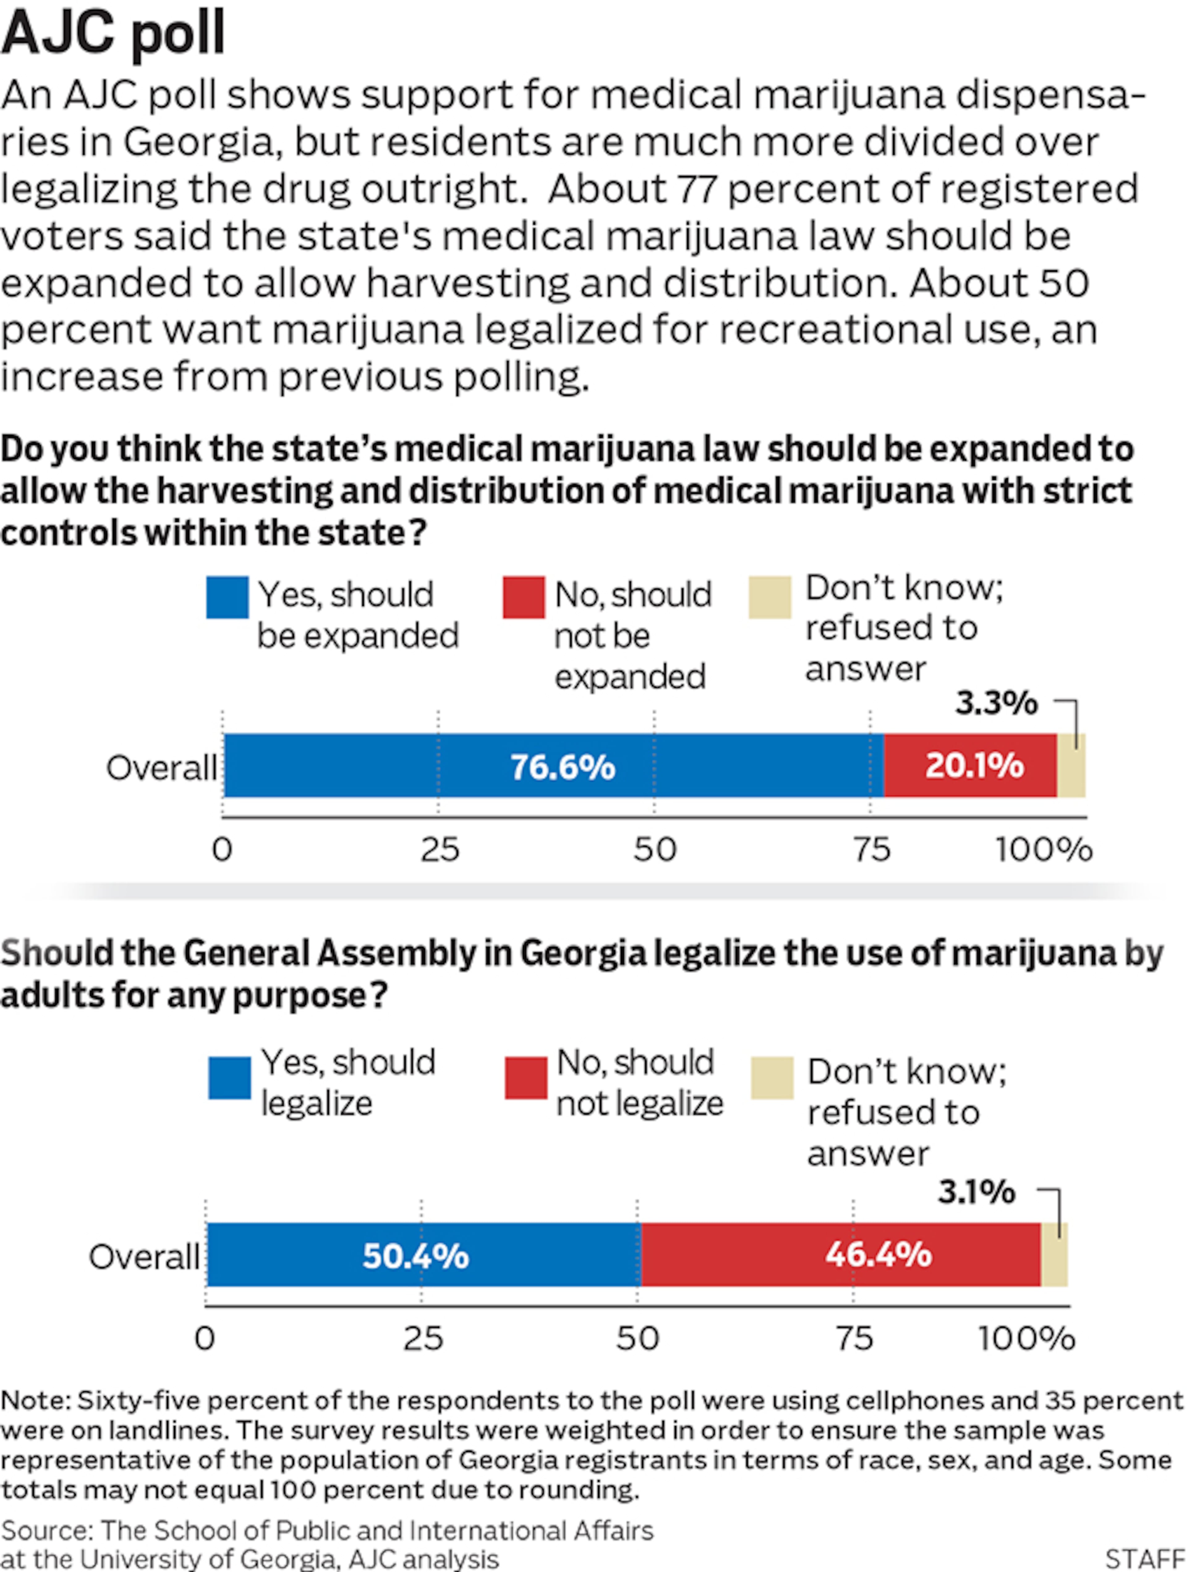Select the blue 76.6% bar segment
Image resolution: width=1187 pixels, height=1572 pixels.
click(554, 766)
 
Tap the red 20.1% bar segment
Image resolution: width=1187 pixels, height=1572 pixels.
click(970, 766)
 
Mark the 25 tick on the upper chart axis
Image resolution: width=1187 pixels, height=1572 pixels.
click(440, 850)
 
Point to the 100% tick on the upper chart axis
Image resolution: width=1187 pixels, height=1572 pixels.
click(1043, 850)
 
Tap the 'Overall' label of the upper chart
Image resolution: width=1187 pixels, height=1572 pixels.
click(161, 768)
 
